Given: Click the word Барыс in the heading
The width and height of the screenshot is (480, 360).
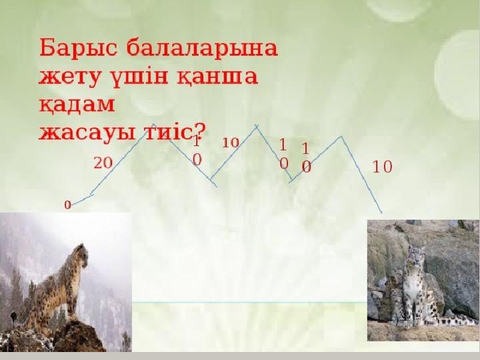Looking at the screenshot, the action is [x=78, y=49].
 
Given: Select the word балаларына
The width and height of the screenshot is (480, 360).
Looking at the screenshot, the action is [x=202, y=49].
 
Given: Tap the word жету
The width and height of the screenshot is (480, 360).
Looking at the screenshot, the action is [x=69, y=77].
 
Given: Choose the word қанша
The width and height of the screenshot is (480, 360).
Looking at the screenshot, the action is [x=217, y=77].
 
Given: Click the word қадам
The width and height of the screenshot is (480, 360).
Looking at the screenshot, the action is [x=77, y=104].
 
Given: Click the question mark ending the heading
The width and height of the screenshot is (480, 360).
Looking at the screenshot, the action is [x=199, y=131].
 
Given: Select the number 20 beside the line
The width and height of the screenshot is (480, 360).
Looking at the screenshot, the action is [x=103, y=163].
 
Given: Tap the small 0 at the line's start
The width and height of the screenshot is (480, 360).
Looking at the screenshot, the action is [x=67, y=205].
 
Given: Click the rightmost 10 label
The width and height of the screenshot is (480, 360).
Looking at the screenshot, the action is [x=383, y=167].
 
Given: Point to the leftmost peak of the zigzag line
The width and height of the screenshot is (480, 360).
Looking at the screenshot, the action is [x=154, y=124].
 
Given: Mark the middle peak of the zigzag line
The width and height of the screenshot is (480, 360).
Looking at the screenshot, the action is [x=257, y=125].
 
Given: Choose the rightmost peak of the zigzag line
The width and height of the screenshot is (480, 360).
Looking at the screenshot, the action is [x=341, y=136].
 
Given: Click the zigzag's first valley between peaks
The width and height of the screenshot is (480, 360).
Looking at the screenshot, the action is [x=211, y=179].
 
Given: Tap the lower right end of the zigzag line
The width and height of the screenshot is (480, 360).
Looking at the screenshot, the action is [x=382, y=213].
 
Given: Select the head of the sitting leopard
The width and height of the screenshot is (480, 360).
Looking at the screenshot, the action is [x=416, y=254].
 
